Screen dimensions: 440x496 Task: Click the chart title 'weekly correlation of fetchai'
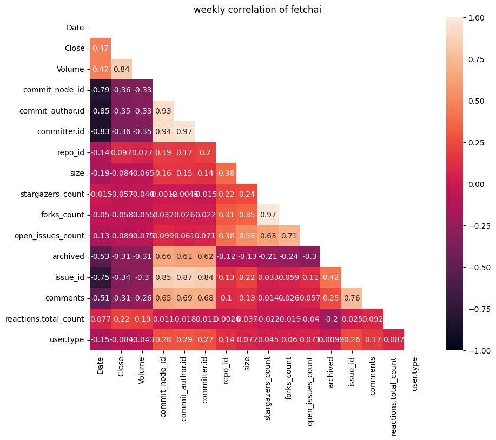point(257,10)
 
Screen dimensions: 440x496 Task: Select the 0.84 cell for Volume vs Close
point(121,69)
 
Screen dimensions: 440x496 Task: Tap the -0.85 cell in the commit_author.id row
point(100,111)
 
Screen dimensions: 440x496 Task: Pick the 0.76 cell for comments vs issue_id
point(352,298)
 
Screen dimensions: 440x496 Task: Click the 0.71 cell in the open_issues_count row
point(289,236)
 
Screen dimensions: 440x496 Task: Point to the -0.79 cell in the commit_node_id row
point(100,90)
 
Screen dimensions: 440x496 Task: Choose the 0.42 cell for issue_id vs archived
point(331,277)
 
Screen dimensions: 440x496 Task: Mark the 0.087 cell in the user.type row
point(394,339)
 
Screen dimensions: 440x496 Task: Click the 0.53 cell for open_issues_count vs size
point(247,236)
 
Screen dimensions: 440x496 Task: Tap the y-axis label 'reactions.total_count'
point(45,319)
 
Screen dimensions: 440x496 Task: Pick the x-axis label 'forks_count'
point(289,379)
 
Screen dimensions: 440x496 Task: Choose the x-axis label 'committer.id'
point(205,381)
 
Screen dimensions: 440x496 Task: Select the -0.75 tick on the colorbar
point(477,309)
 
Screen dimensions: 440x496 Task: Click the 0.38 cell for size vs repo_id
point(226,173)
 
